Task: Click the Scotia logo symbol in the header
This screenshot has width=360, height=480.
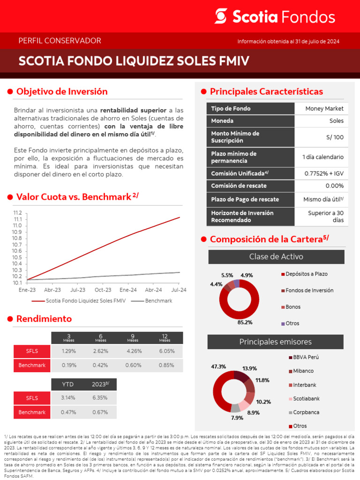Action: tap(221, 16)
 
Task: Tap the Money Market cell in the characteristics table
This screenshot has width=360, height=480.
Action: tap(324, 109)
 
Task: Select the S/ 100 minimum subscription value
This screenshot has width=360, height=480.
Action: tap(335, 137)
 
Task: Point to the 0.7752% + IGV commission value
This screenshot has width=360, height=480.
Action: tap(324, 173)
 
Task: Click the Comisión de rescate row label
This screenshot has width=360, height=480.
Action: tap(238, 186)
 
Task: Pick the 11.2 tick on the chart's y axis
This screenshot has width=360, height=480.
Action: tap(18, 213)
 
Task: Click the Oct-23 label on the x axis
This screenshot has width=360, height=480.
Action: tap(103, 290)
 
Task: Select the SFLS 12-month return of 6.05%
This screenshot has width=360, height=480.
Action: tap(166, 351)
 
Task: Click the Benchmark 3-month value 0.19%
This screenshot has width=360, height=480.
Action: tap(69, 365)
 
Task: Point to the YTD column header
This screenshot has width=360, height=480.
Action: tap(68, 384)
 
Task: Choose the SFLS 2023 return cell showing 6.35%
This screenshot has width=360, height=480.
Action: tap(100, 398)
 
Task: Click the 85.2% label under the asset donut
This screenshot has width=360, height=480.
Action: tap(245, 322)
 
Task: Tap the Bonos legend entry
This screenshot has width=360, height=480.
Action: tap(293, 307)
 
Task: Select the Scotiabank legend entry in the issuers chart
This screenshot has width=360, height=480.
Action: tap(306, 399)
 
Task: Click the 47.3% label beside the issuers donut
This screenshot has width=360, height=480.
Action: tap(219, 367)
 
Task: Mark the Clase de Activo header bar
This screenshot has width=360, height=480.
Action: tap(276, 257)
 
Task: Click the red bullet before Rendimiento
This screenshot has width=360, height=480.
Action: tap(10, 319)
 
